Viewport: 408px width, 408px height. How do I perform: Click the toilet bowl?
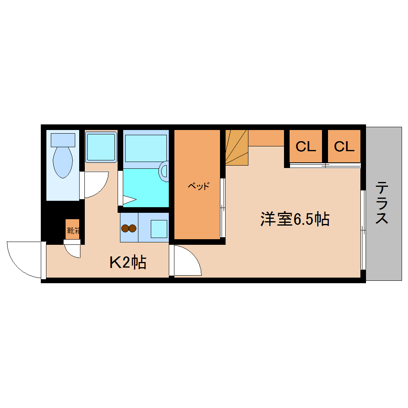[x=63, y=162]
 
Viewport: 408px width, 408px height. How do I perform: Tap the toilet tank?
[x=63, y=140]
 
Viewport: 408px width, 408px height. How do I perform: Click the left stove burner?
[x=126, y=228]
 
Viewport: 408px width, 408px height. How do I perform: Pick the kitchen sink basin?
[x=158, y=229]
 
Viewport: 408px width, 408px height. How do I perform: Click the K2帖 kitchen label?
[x=128, y=262]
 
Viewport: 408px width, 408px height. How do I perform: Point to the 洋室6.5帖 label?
[x=295, y=219]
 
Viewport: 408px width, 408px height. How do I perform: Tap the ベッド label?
[x=198, y=186]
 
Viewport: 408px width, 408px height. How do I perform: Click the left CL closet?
[x=306, y=146]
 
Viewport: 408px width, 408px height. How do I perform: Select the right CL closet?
[x=344, y=146]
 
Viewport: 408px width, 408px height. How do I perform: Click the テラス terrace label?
[x=382, y=203]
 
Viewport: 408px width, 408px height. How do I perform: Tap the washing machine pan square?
[x=101, y=146]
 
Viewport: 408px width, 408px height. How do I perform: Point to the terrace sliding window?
[x=363, y=230]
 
